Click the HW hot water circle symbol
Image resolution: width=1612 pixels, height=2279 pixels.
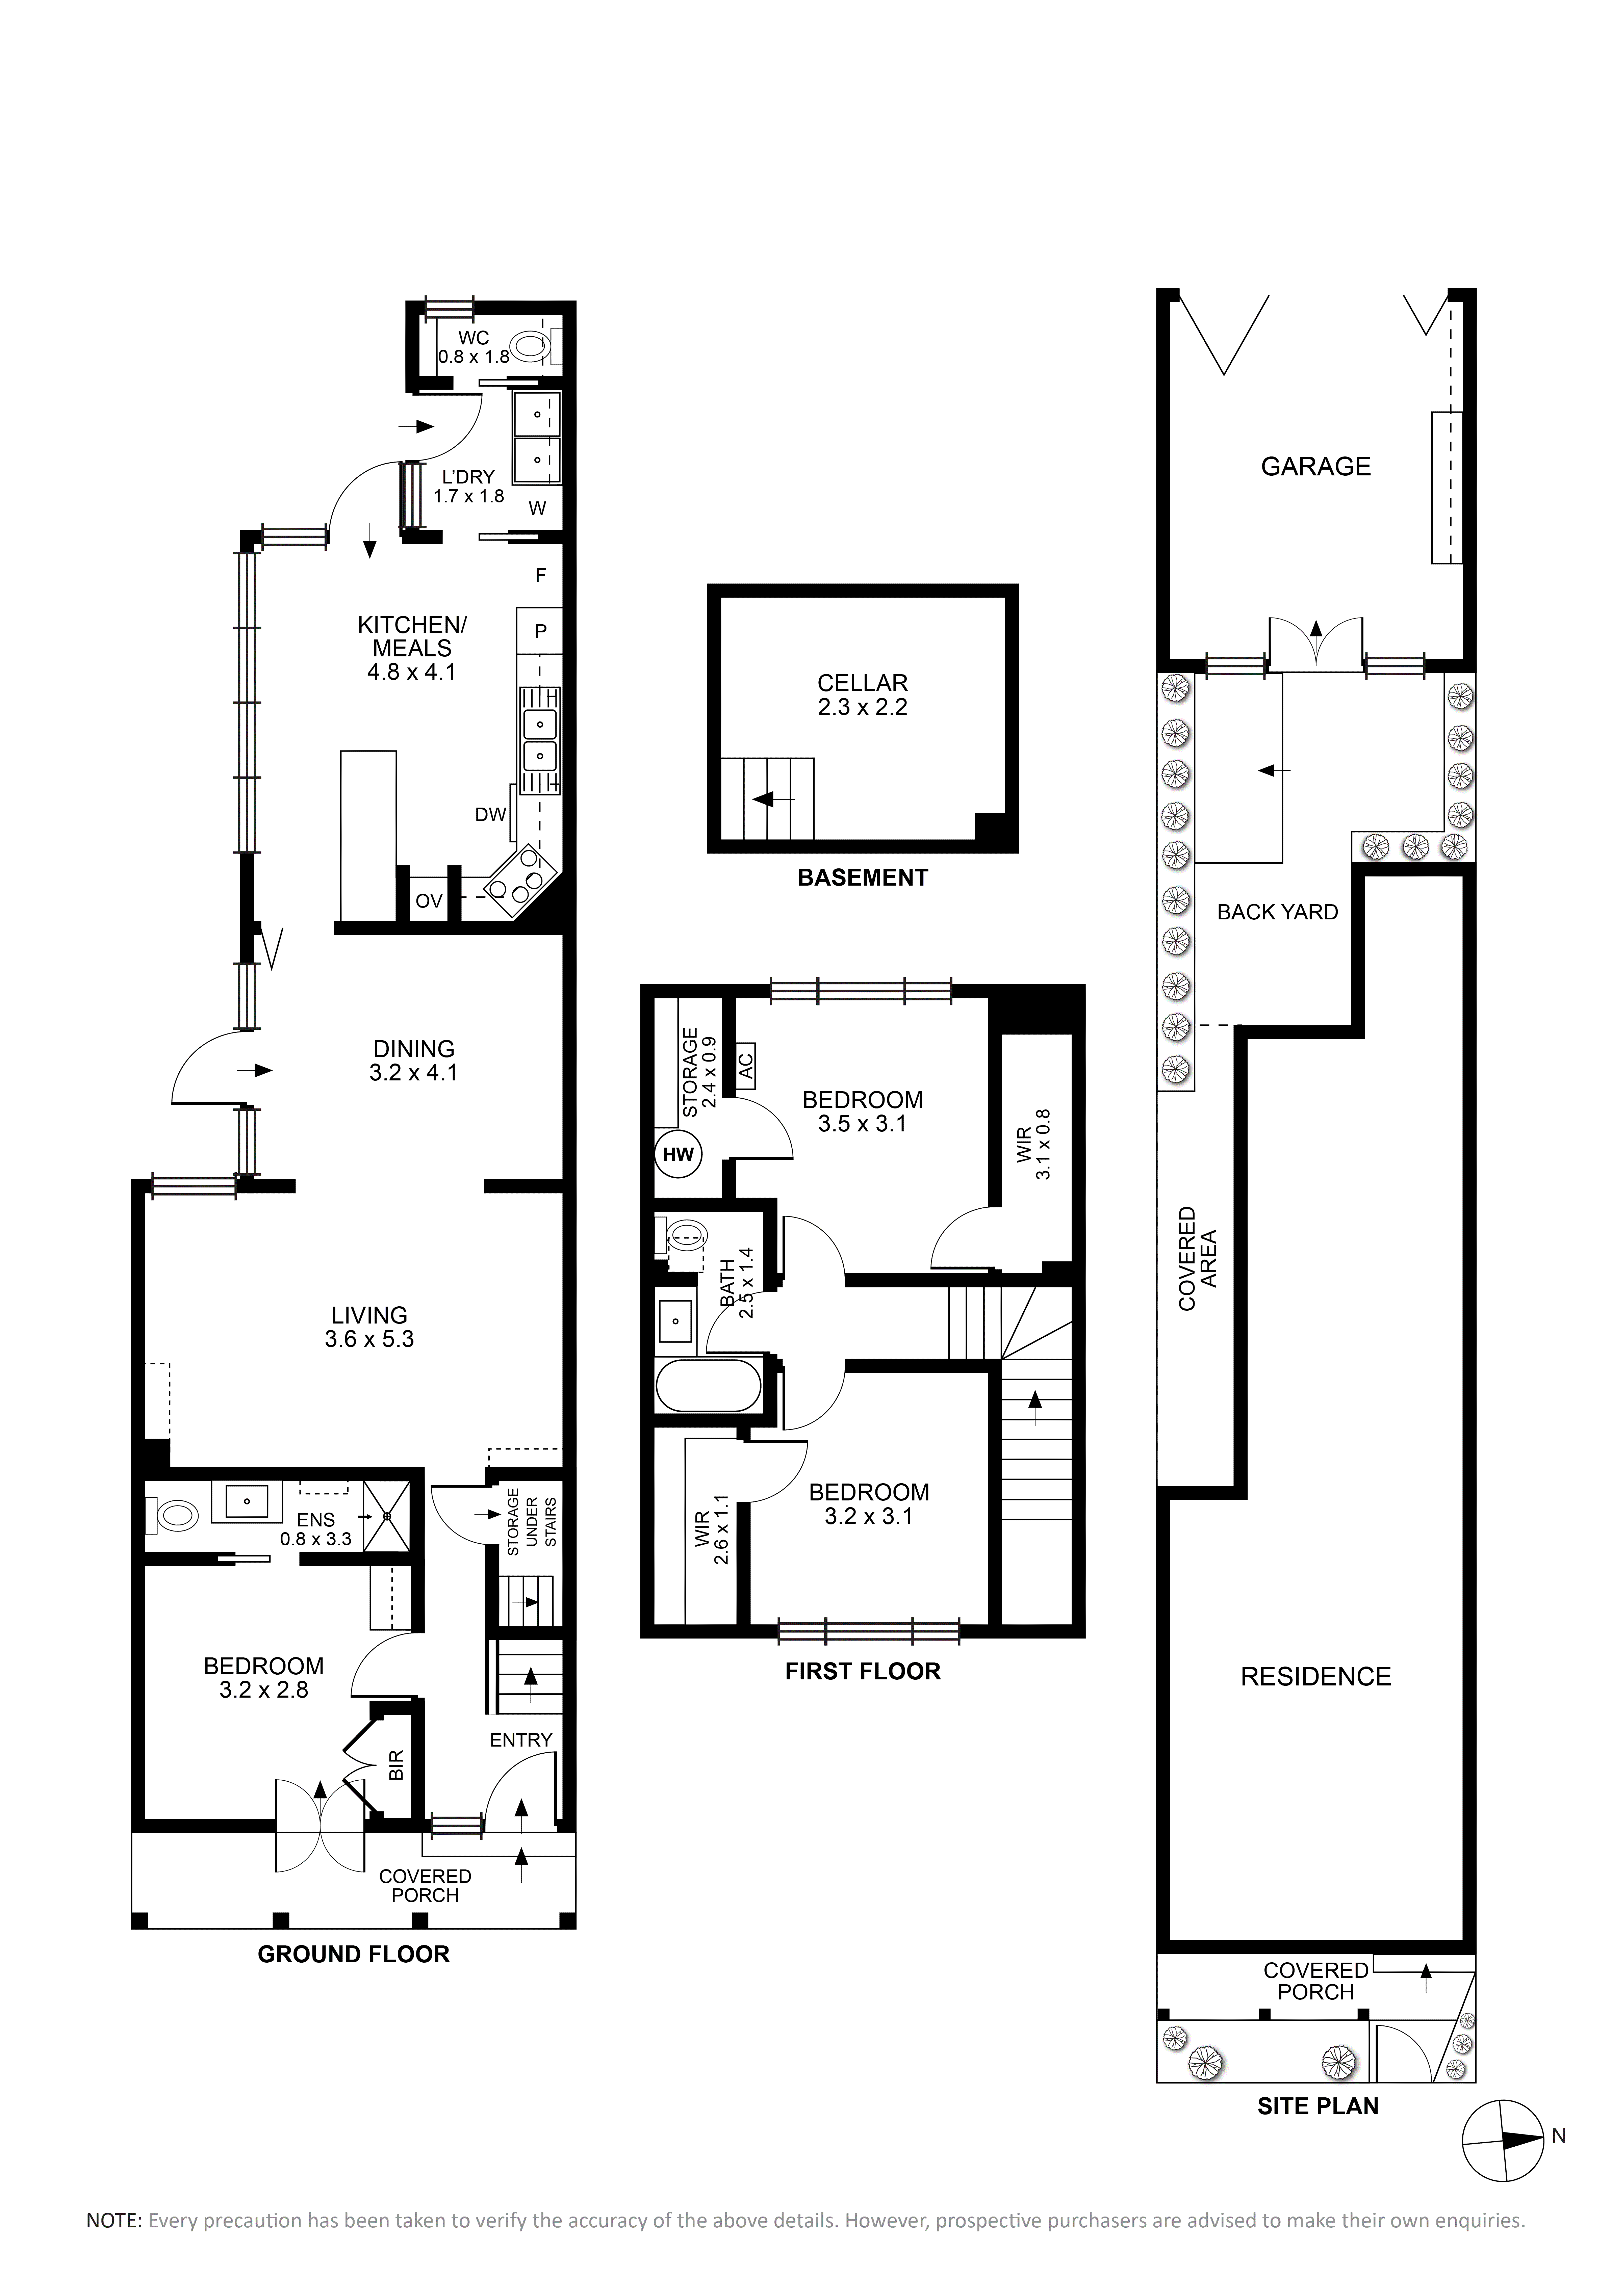pyautogui.click(x=679, y=1154)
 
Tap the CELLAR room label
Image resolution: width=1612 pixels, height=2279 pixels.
pyautogui.click(x=863, y=683)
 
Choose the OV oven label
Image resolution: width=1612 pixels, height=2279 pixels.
pyautogui.click(x=429, y=901)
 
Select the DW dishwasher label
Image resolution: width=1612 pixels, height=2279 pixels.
pyautogui.click(x=490, y=815)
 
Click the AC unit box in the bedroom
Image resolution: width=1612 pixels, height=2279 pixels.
pyautogui.click(x=746, y=1066)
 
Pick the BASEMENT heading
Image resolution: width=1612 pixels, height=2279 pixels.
pyautogui.click(x=863, y=877)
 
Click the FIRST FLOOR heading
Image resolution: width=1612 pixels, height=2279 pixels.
pyautogui.click(x=863, y=1672)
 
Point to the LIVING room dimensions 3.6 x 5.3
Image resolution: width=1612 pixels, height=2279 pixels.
pyautogui.click(x=369, y=1339)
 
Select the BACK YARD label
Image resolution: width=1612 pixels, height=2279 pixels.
pyautogui.click(x=1278, y=912)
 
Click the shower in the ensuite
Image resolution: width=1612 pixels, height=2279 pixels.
pyautogui.click(x=386, y=1516)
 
